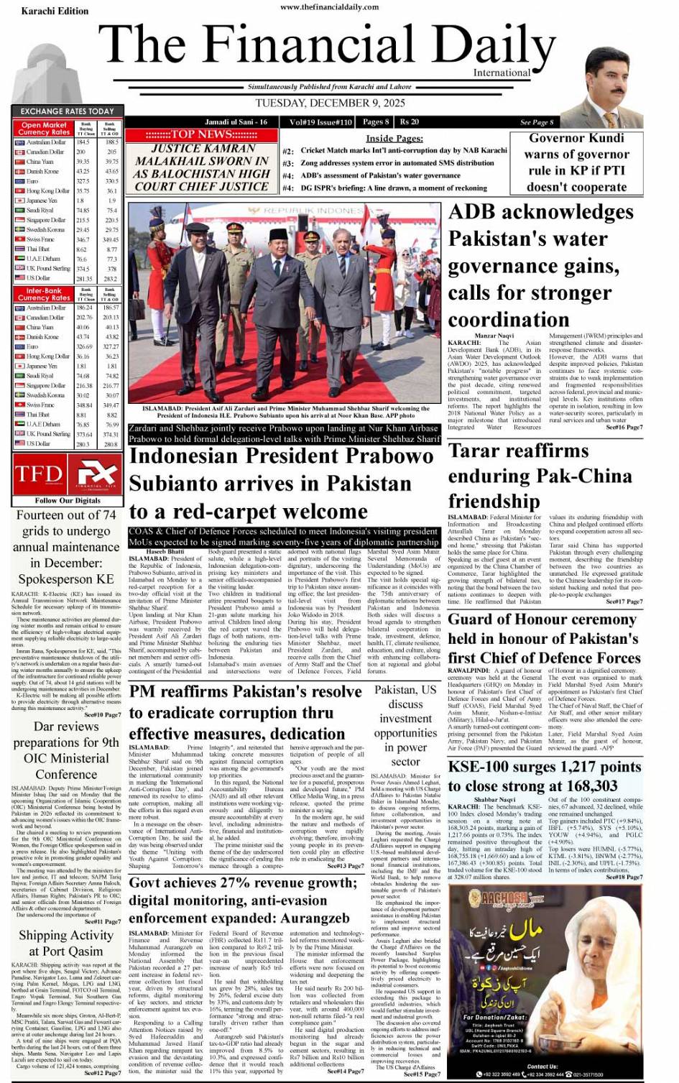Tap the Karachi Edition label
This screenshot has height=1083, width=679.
[55, 11]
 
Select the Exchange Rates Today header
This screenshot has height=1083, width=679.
[67, 111]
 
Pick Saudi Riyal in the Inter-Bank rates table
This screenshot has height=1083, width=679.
[40, 376]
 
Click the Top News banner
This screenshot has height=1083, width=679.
[201, 134]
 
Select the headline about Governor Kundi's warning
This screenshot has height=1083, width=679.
[577, 162]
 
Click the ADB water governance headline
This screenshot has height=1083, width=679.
[540, 265]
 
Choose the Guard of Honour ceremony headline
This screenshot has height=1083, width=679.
[543, 638]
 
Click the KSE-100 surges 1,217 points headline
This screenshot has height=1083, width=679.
[544, 776]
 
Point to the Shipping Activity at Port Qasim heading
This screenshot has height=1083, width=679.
[66, 943]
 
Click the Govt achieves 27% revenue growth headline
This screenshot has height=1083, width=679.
[243, 900]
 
